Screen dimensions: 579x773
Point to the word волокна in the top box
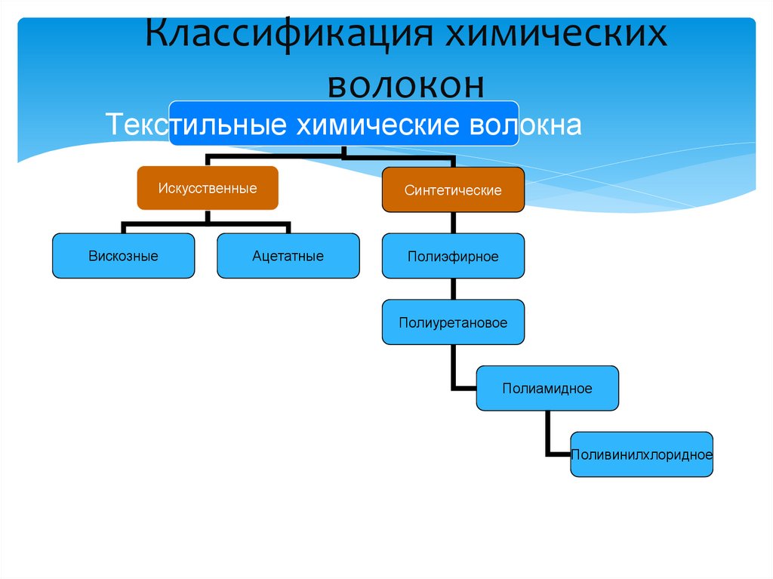[x=525, y=125]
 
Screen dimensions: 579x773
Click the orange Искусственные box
[x=208, y=188]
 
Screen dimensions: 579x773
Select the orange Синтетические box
[x=453, y=190]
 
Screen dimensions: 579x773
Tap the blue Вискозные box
[x=123, y=256]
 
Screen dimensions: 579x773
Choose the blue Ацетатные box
[x=288, y=256]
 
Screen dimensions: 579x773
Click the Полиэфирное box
[x=453, y=257]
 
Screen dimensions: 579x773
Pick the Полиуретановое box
[x=453, y=322]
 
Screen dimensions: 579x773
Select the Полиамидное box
[x=547, y=388]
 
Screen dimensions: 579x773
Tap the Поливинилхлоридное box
[x=642, y=454]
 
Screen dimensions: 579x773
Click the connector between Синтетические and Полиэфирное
[x=453, y=223]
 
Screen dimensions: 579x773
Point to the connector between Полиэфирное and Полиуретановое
[x=453, y=289]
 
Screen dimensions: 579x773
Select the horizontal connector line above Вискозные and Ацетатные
[x=205, y=224]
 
